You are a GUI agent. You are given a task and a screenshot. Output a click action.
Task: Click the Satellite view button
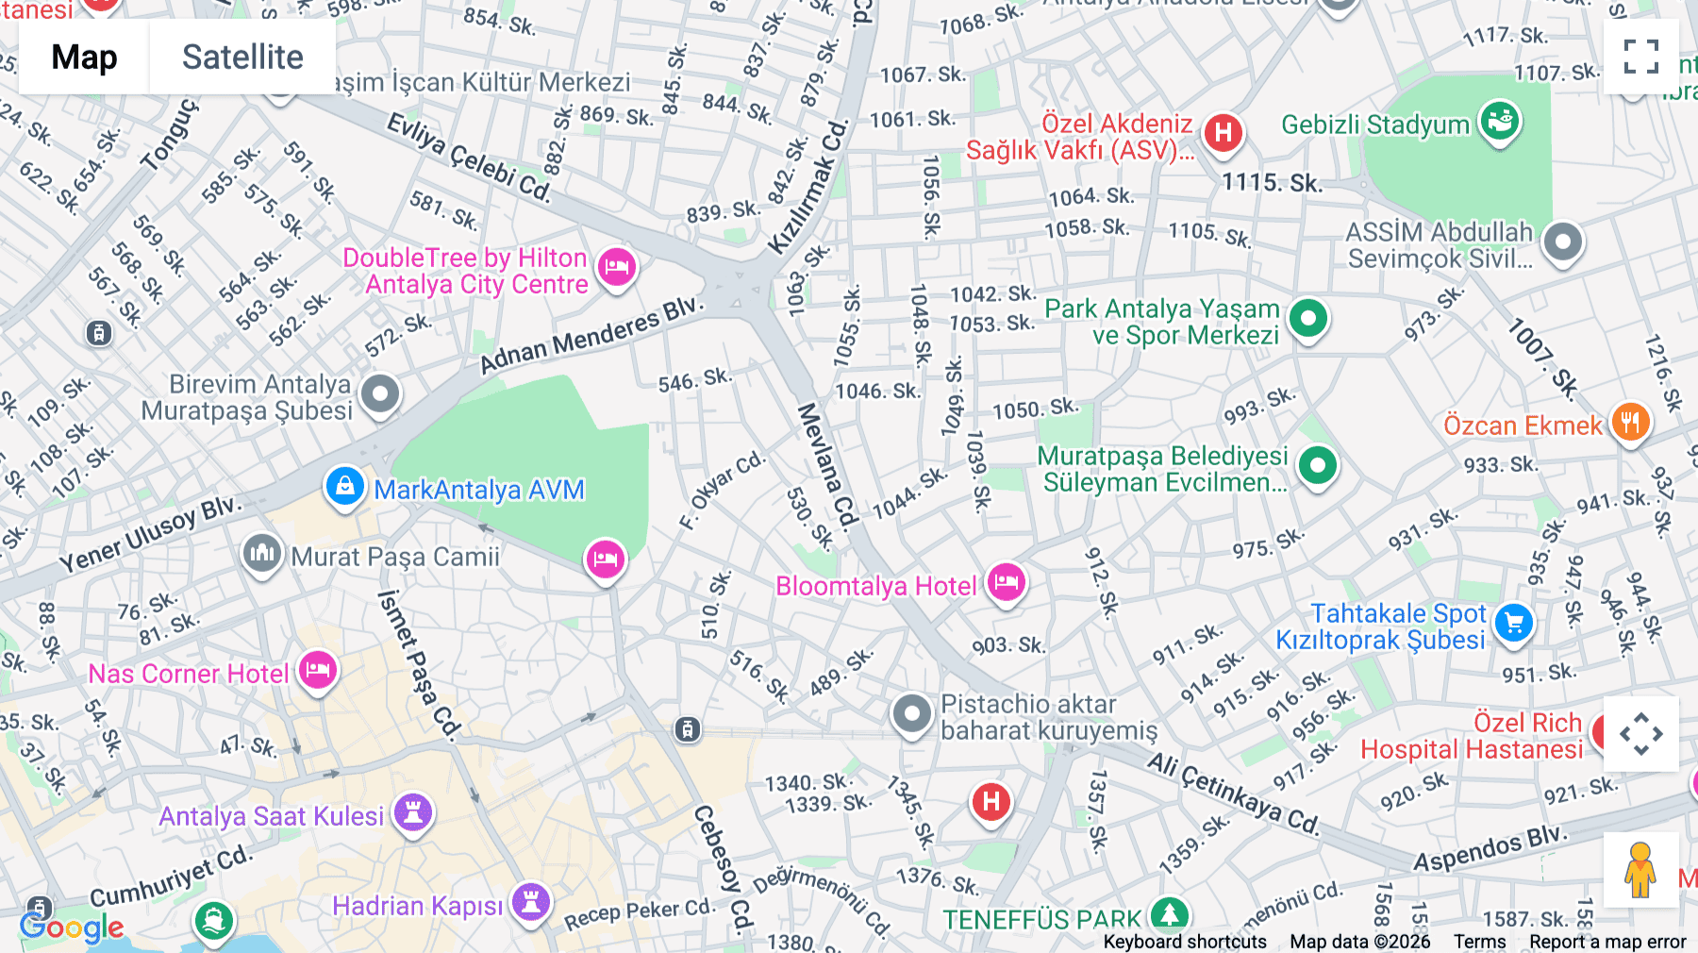(x=242, y=57)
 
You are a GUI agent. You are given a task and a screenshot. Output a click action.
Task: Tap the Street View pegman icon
(x=1640, y=869)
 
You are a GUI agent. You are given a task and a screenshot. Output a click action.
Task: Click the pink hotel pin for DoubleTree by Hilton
(x=617, y=267)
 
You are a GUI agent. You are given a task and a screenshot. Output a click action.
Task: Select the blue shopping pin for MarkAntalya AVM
(x=345, y=487)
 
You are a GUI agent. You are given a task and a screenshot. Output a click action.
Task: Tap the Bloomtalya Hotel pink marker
(x=1006, y=583)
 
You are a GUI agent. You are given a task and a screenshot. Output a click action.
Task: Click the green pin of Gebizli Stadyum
(x=1499, y=122)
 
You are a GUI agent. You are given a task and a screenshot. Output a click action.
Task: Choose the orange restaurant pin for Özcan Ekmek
(x=1630, y=422)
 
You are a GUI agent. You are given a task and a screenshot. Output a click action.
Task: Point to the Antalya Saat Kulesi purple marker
(x=413, y=812)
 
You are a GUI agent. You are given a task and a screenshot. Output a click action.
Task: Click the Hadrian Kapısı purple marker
(x=531, y=902)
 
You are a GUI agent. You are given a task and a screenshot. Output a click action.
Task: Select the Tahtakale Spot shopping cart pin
(x=1514, y=623)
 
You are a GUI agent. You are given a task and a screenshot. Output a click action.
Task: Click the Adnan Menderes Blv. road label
(x=591, y=336)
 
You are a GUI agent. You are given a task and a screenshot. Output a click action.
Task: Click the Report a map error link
(x=1607, y=942)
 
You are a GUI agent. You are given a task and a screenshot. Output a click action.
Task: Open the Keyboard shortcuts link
(x=1185, y=942)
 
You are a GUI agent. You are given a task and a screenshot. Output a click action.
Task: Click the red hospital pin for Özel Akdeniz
(x=1224, y=133)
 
